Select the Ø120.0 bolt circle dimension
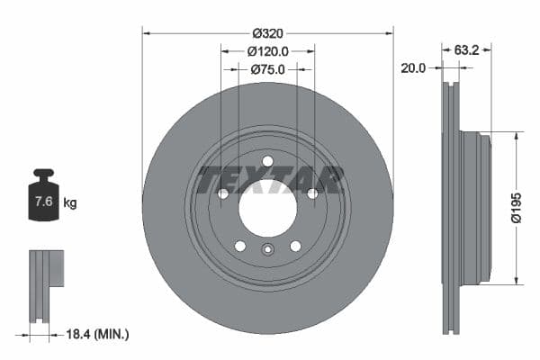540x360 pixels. click(x=267, y=51)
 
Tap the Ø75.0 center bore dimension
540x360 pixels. click(x=267, y=68)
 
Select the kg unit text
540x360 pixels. click(x=70, y=202)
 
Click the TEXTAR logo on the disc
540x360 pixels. click(x=271, y=179)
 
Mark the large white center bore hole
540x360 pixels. click(x=267, y=208)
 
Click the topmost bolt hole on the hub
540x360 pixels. click(x=267, y=161)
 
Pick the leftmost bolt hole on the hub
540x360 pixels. click(x=223, y=193)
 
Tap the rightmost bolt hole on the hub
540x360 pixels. click(x=311, y=193)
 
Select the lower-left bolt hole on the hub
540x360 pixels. click(x=240, y=246)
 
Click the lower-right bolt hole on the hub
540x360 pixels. click(x=294, y=246)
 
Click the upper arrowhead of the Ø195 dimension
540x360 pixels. click(x=517, y=138)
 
